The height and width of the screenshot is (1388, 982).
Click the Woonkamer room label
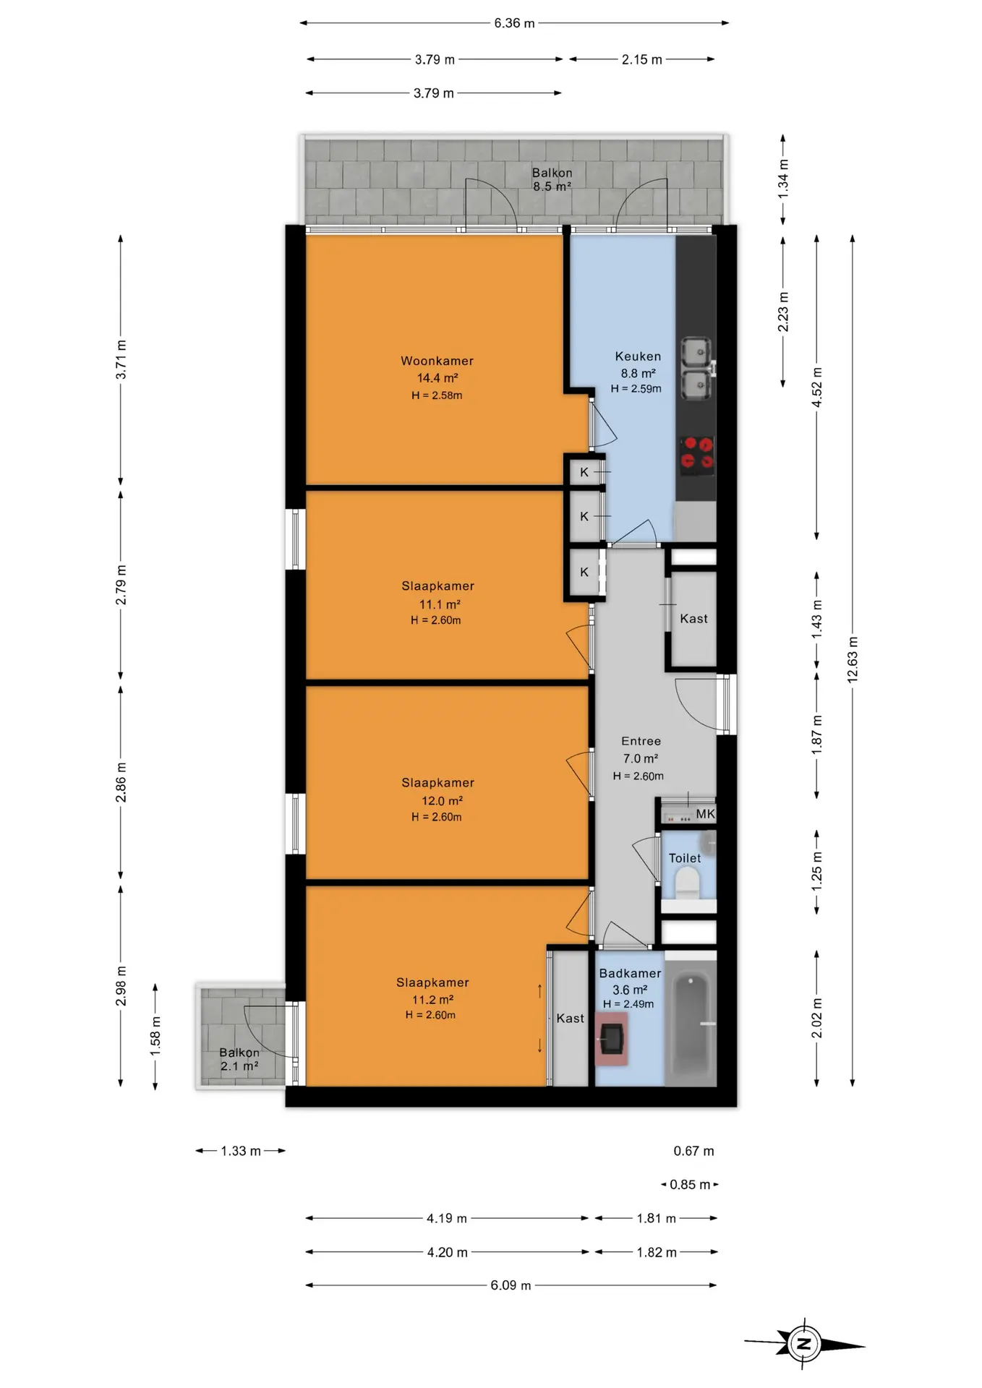(x=437, y=361)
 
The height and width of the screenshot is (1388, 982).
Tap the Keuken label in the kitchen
(x=638, y=356)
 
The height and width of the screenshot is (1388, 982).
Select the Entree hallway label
(x=641, y=741)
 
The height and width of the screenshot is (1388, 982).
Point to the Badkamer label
(x=630, y=974)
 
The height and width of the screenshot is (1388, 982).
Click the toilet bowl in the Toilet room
(x=686, y=883)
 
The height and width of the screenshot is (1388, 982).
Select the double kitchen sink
(x=697, y=369)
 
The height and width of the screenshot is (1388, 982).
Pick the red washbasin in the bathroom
(x=611, y=1039)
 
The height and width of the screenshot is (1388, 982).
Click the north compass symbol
(x=803, y=1344)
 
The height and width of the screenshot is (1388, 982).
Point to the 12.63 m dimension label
(x=853, y=659)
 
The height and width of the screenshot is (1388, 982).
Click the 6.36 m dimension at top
(x=514, y=23)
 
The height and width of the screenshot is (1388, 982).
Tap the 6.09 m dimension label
(x=511, y=1285)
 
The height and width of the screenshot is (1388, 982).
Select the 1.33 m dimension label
(x=241, y=1151)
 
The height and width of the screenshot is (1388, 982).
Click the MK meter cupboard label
(x=705, y=814)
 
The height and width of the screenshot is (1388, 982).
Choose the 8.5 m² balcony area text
(x=552, y=187)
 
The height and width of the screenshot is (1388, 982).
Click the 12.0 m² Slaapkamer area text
(x=442, y=801)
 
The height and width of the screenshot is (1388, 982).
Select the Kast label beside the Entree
(x=693, y=619)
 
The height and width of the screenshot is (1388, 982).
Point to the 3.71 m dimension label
(x=121, y=359)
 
